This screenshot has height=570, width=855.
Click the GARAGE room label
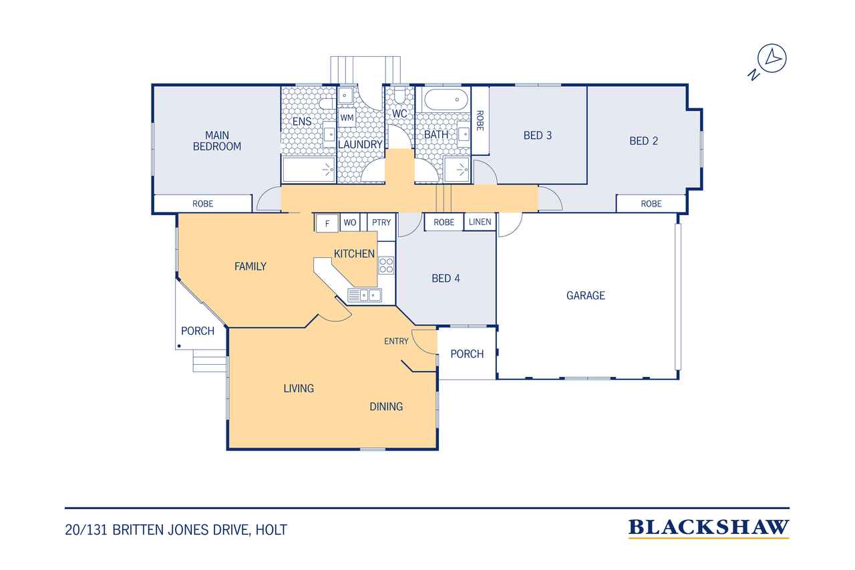(586, 295)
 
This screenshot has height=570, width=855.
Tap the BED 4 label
(446, 279)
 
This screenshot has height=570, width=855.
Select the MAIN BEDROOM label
(217, 141)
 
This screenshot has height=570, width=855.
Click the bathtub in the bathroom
(446, 100)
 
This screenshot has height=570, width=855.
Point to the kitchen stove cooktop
(386, 265)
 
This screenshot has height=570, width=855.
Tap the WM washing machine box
(347, 118)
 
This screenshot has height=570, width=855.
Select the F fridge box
(327, 223)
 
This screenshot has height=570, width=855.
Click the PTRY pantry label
(381, 223)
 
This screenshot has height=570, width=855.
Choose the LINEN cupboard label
(480, 222)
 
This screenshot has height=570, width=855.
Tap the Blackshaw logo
(709, 529)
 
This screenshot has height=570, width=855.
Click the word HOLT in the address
(271, 530)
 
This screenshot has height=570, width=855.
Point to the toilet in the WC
(399, 95)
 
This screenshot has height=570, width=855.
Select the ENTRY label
(396, 341)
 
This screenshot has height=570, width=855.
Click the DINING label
(386, 406)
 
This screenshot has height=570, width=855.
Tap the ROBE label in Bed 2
(651, 204)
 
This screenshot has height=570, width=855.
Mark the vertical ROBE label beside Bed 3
(480, 121)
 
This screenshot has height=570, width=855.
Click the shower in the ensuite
(309, 170)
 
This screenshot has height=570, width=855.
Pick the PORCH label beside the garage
(467, 354)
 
